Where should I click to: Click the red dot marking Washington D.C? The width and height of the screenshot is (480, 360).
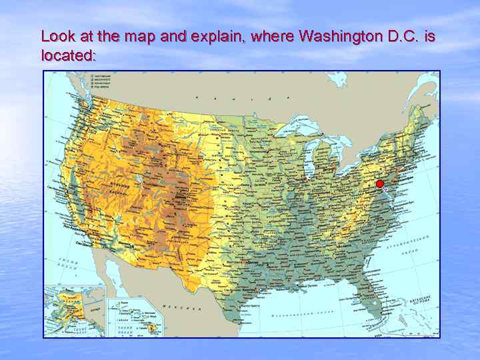point(380,184)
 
